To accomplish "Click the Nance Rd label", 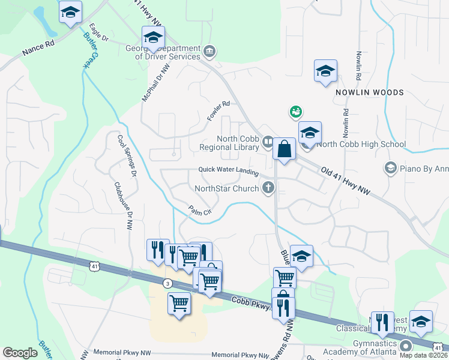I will point(38,48).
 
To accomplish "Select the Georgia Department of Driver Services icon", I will point(209,50).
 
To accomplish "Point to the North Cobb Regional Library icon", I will point(267,142).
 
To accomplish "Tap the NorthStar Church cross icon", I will point(268,188).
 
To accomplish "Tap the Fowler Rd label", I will point(218,111).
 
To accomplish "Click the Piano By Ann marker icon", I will point(391,167).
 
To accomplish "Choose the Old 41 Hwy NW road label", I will point(345,180).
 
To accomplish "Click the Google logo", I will point(20,353).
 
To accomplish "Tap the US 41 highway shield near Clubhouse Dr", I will point(95,265).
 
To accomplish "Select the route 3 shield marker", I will point(167,283).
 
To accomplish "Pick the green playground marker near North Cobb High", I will point(295,112).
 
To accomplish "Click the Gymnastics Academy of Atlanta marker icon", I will point(406,346).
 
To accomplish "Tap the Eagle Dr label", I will point(98,33).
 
